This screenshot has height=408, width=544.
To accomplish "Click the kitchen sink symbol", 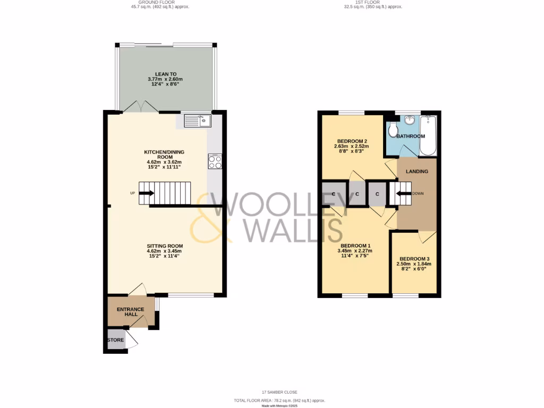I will [x=198, y=121].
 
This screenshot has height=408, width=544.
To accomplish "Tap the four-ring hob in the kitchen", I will [x=215, y=161].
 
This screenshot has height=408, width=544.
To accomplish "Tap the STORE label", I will [x=115, y=340].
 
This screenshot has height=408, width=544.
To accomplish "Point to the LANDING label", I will [x=417, y=172].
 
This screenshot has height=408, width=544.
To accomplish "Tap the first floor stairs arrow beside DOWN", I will [x=398, y=193].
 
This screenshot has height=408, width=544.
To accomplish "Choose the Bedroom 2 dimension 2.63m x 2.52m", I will [x=351, y=147].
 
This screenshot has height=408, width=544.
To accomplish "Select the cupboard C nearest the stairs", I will [x=377, y=194].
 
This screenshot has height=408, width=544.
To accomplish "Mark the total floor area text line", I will [x=279, y=401].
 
